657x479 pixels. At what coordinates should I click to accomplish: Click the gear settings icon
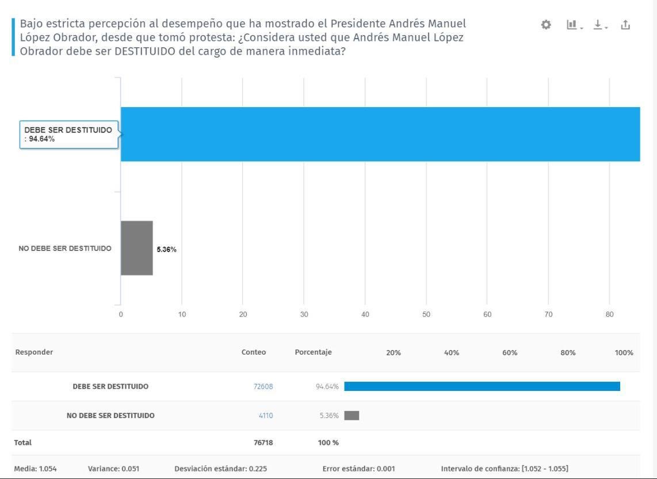pos(546,25)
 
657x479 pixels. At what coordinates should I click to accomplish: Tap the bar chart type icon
pos(572,25)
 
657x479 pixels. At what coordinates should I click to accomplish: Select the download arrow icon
pos(599,25)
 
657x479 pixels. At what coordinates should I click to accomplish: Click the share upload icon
pos(625,25)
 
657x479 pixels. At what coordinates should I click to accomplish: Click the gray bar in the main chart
pos(136,248)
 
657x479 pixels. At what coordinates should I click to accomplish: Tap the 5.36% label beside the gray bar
pos(167,249)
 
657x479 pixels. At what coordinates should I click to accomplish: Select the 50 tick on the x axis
pos(426,314)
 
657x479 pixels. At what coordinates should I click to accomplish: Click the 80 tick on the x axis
pos(609,314)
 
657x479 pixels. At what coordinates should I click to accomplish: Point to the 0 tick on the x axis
pos(121,314)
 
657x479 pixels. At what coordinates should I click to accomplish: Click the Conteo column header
pos(254,352)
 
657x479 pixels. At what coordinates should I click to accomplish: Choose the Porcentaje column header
pos(313,352)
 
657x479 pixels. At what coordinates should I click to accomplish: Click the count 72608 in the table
pos(263,386)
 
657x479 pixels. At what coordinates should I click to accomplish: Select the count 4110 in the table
pos(265,415)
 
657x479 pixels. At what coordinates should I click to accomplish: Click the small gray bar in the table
pos(352,415)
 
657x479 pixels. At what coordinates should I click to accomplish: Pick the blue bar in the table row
pos(482,386)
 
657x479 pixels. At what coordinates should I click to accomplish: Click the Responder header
pos(34,352)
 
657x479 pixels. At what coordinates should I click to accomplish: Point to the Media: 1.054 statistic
pos(36,469)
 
